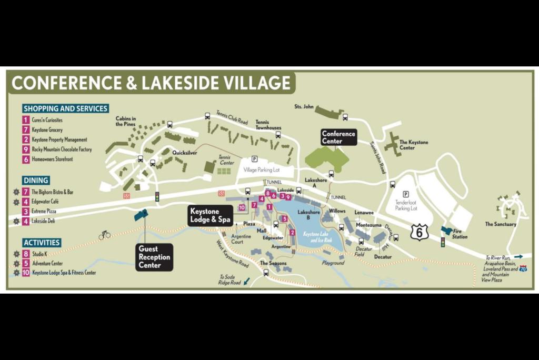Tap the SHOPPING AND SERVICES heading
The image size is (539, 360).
coord(65,108)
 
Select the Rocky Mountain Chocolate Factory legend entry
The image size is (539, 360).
coord(61,149)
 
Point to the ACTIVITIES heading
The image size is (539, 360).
coord(42,243)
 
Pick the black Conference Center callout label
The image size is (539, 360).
coord(338,137)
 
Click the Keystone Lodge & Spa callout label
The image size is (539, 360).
coord(211,215)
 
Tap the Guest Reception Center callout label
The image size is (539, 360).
coord(154,257)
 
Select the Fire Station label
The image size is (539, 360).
coord(459,234)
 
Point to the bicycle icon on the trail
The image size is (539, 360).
coord(105,235)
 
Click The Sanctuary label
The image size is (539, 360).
coord(500,224)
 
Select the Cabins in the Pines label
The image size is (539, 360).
coord(126,121)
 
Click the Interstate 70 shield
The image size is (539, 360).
coord(523,268)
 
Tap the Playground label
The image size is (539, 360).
coord(333,263)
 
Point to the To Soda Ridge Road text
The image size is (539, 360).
coord(230,279)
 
